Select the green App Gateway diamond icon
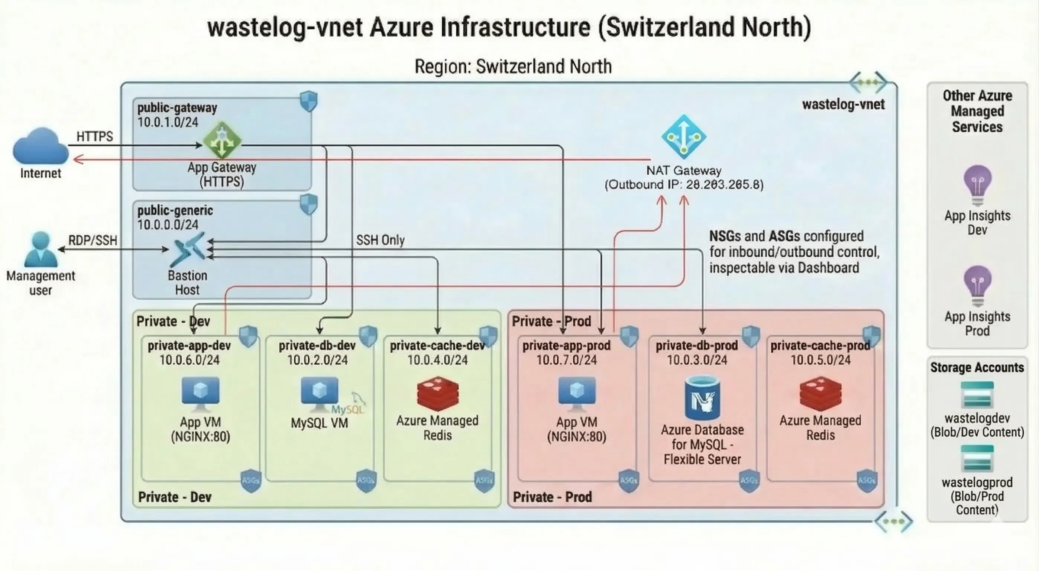coord(222,141)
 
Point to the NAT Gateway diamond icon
coord(684,136)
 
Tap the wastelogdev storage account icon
coord(977,396)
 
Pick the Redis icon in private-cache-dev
coord(438,393)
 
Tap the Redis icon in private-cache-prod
coord(820,393)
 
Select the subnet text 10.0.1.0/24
coord(168,122)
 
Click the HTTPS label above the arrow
coord(95,136)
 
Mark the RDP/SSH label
coord(93,241)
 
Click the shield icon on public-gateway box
coord(308,101)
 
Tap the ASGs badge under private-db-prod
coord(749,480)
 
